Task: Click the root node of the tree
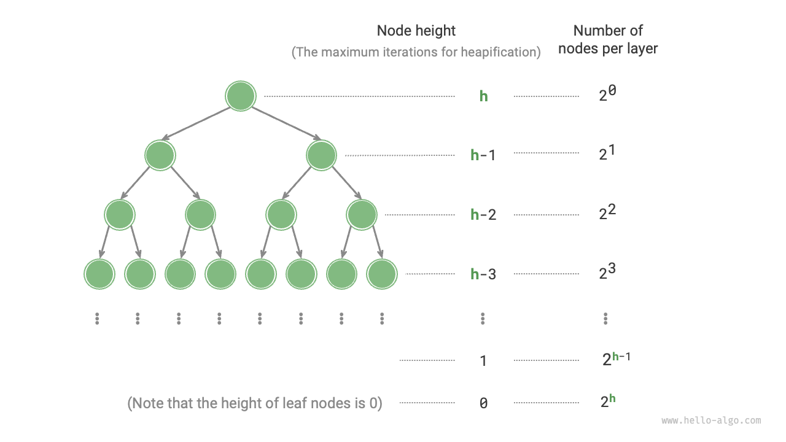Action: click(x=240, y=96)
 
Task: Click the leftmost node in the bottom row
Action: click(x=99, y=274)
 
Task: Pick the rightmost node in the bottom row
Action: click(x=382, y=274)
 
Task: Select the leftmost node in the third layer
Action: click(x=120, y=214)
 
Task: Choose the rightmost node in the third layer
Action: click(x=362, y=214)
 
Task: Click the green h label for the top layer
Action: click(x=483, y=96)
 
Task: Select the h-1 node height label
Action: click(x=483, y=155)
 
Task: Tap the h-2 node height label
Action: click(x=483, y=215)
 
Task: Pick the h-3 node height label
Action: click(x=483, y=274)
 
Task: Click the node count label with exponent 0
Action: click(x=607, y=95)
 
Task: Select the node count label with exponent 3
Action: click(x=607, y=272)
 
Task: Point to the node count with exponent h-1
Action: click(x=616, y=359)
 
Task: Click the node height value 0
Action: click(x=483, y=403)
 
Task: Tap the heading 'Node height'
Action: click(x=416, y=31)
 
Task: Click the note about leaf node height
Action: click(x=255, y=403)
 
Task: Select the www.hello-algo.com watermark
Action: click(x=711, y=421)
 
